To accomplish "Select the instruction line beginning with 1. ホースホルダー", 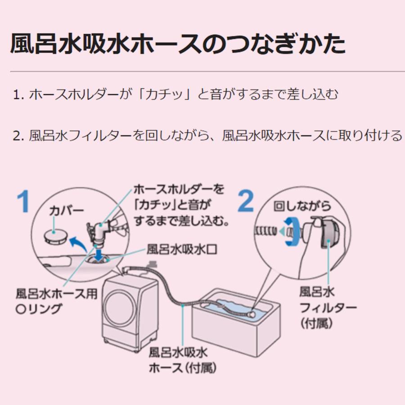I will [x=175, y=95].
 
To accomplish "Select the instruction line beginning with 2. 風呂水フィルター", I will [x=207, y=135].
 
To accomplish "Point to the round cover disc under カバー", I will [x=56, y=236].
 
